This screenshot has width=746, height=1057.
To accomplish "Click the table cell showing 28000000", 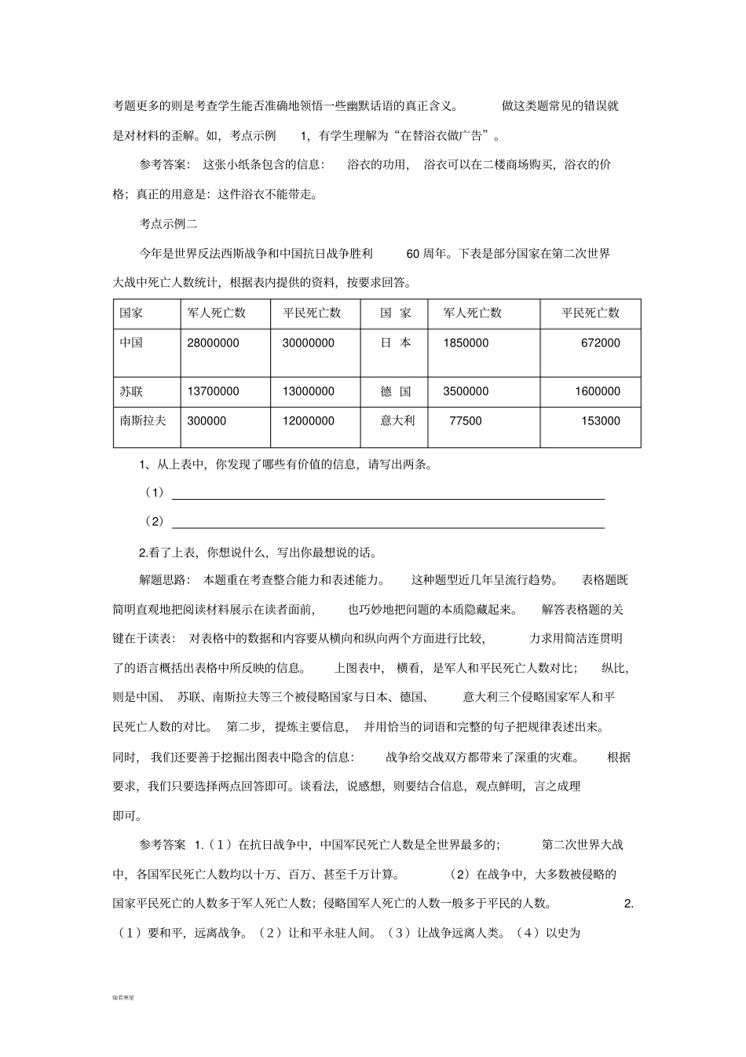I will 214,343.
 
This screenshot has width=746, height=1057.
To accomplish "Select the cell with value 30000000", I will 308,343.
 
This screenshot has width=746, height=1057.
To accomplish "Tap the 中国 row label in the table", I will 131,343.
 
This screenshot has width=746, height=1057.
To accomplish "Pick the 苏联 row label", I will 131,391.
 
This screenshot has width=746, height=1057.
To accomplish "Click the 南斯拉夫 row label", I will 143,420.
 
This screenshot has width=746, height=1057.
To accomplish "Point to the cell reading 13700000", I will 214,391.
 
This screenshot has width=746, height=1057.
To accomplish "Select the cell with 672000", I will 600,343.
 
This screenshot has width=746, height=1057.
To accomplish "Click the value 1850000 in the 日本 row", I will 466,343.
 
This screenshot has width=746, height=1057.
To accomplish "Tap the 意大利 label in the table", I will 397,420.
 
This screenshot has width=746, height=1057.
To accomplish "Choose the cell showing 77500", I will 466,421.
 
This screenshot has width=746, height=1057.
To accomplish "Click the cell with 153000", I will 600,421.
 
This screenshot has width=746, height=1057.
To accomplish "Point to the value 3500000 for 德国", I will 466,391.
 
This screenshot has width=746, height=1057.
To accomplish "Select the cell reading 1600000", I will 597,391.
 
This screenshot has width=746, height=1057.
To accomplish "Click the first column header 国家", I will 131,313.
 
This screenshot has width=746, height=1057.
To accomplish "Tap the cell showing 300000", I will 207,421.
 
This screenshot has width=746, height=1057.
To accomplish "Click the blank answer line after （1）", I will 388,497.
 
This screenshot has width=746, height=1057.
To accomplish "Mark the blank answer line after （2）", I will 388,526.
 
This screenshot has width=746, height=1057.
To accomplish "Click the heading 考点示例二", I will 168,224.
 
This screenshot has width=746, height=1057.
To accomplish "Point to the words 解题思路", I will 164,580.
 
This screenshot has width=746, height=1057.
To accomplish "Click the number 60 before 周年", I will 414,254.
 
